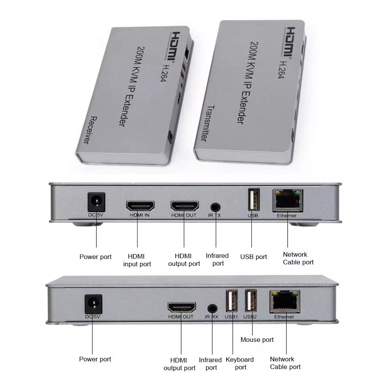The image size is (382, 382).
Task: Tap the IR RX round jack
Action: (x=212, y=308)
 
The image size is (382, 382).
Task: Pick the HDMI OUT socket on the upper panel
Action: (x=185, y=206)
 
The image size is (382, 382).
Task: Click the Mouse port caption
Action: (x=257, y=340)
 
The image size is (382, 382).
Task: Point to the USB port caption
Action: (x=254, y=257)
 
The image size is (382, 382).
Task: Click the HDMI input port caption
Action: (x=137, y=260)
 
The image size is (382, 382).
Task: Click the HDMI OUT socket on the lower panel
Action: (x=181, y=308)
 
